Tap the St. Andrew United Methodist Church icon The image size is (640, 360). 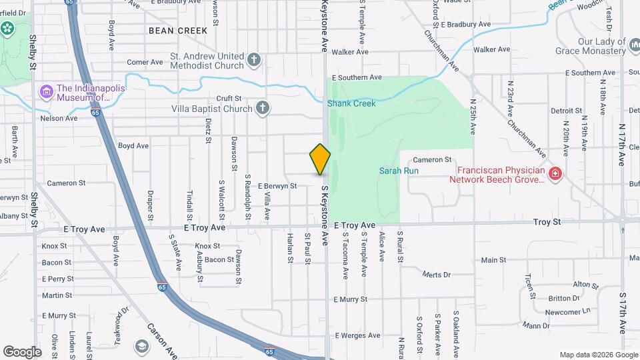(253, 61)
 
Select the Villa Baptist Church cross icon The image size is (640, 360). (263, 107)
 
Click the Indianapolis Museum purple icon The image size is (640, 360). (46, 91)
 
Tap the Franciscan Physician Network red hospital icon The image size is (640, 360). (555, 174)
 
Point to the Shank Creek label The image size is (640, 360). (351, 103)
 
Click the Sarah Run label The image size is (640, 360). (399, 171)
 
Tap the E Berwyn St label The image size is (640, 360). (277, 186)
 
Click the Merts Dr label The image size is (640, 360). (437, 274)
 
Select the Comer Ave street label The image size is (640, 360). (145, 62)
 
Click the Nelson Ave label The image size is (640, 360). (59, 118)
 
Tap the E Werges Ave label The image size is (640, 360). (357, 335)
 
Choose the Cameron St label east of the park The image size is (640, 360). (432, 159)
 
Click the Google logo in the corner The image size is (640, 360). (22, 351)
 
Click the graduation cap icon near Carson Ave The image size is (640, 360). (141, 346)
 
